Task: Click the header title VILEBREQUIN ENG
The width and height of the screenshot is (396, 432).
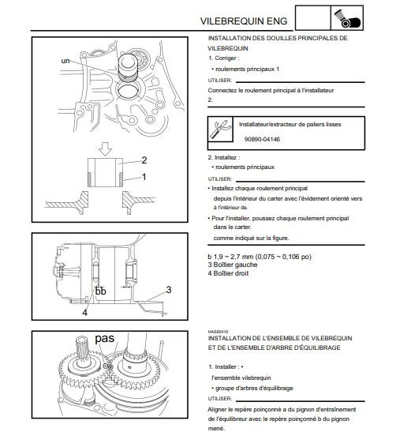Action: click(x=244, y=21)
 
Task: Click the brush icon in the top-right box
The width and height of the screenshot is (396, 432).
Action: click(x=347, y=18)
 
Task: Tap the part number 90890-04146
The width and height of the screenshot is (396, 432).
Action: click(x=262, y=139)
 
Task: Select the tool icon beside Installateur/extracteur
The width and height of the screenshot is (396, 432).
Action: click(x=220, y=130)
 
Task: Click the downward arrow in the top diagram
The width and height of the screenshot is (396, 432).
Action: click(x=105, y=149)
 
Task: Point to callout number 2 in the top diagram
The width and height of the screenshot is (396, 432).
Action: click(x=144, y=160)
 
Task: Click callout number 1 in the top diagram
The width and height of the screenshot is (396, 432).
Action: click(x=144, y=177)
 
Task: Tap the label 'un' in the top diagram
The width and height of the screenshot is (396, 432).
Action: click(x=65, y=61)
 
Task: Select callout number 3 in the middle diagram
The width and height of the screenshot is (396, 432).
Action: click(x=169, y=290)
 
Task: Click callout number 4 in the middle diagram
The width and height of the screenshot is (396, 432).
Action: click(x=84, y=313)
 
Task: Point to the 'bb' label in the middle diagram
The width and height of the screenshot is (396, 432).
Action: click(x=100, y=291)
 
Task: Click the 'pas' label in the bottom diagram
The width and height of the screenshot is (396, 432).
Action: click(x=105, y=338)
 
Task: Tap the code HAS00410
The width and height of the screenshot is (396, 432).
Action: click(x=218, y=332)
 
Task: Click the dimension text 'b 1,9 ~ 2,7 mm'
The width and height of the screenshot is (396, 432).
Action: click(x=230, y=257)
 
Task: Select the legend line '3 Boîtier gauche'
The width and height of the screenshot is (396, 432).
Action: click(x=233, y=265)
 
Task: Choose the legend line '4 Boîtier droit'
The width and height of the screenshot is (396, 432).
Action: click(x=228, y=273)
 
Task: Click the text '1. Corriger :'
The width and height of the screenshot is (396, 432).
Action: click(x=224, y=58)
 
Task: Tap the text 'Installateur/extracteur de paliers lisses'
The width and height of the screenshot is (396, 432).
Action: click(x=290, y=125)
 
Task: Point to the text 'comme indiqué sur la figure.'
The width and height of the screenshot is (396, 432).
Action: click(x=252, y=238)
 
